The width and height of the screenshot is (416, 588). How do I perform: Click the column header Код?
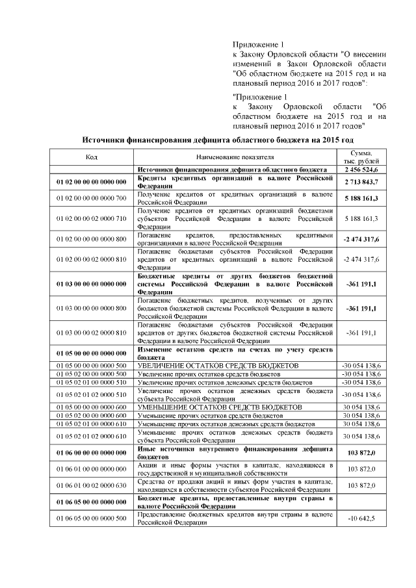pyautogui.click(x=91, y=157)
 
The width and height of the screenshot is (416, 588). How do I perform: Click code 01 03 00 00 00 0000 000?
pyautogui.click(x=91, y=284)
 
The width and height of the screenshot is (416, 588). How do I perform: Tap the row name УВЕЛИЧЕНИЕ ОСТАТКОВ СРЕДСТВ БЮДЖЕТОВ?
pyautogui.click(x=218, y=366)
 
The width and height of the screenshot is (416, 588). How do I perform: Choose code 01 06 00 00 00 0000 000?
pyautogui.click(x=91, y=452)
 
